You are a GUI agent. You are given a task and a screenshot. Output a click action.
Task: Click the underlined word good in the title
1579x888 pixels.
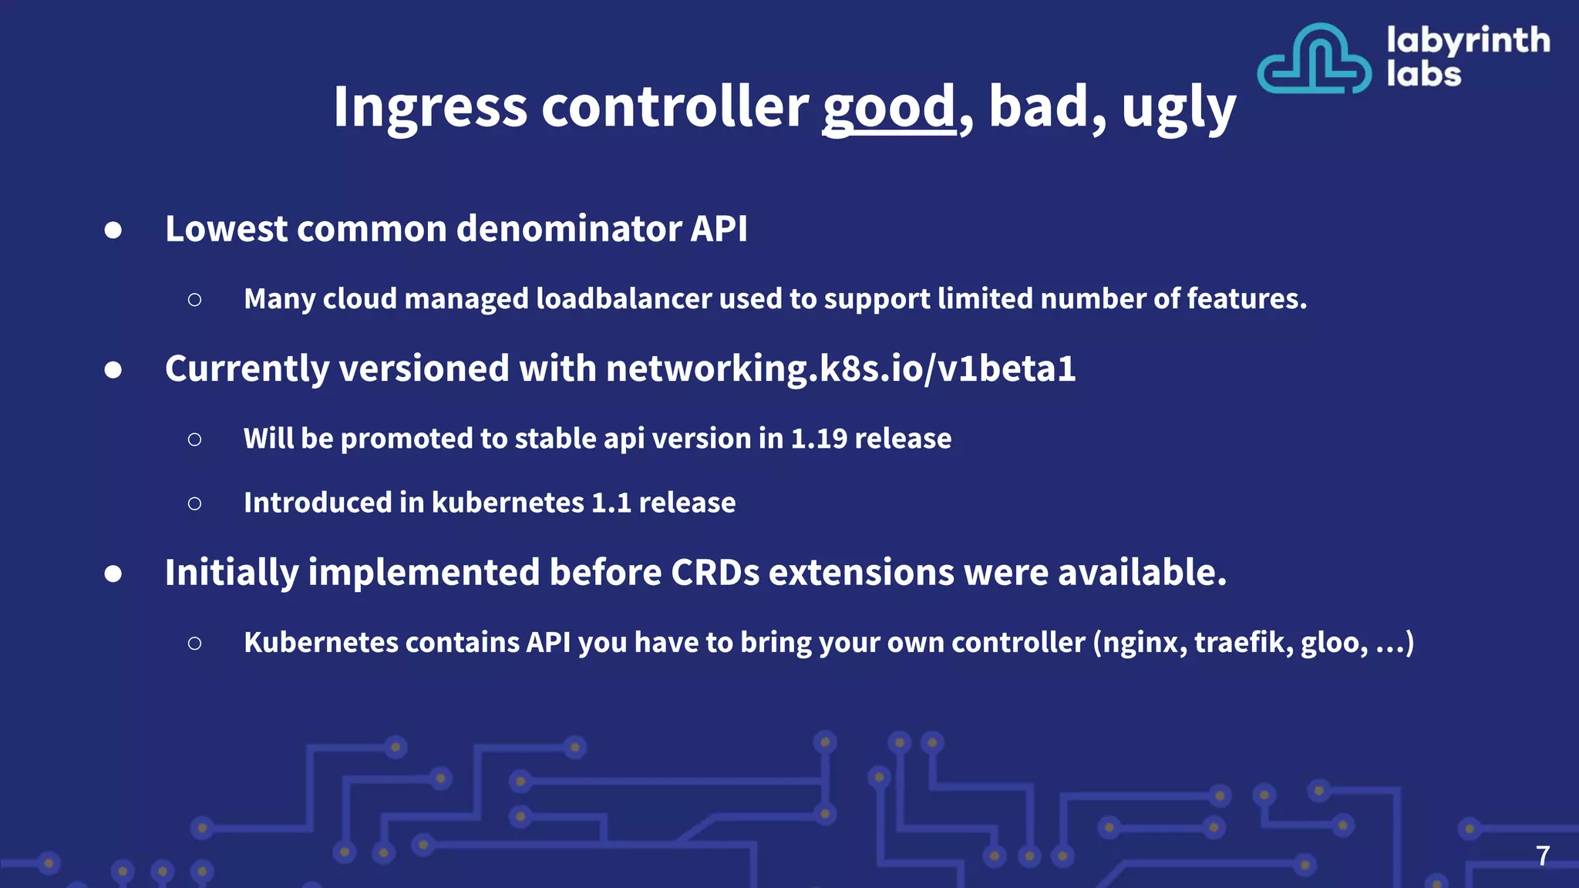coord(889,107)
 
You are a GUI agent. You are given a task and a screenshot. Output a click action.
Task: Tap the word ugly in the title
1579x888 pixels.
coord(1178,109)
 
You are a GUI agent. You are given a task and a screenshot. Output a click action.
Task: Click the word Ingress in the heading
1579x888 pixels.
coord(429,107)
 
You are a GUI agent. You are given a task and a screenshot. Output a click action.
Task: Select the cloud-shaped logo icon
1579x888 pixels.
coord(1314,59)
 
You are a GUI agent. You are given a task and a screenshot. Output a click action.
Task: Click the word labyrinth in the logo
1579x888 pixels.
coord(1467,40)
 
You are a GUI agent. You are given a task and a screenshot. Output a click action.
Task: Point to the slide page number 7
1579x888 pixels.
coord(1542,856)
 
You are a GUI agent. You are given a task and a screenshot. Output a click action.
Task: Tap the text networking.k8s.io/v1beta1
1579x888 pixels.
coord(840,368)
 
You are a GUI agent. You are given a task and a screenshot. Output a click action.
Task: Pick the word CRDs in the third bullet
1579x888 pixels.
coord(715,573)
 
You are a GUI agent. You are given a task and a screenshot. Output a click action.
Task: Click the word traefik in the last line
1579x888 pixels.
coord(1241,642)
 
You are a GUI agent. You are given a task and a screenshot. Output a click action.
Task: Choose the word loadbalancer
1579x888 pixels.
coord(623,299)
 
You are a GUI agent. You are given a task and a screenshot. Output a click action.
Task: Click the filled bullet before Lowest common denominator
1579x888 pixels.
coord(113,230)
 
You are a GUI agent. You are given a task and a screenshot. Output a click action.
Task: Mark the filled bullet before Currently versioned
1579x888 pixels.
coord(113,370)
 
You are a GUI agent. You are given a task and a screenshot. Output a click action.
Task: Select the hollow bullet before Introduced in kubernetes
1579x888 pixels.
coord(194,503)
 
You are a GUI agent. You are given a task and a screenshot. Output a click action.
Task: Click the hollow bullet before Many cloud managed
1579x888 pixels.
coord(194,300)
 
